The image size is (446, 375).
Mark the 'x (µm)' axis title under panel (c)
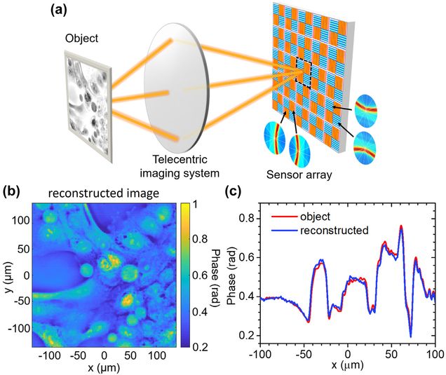(347, 368)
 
